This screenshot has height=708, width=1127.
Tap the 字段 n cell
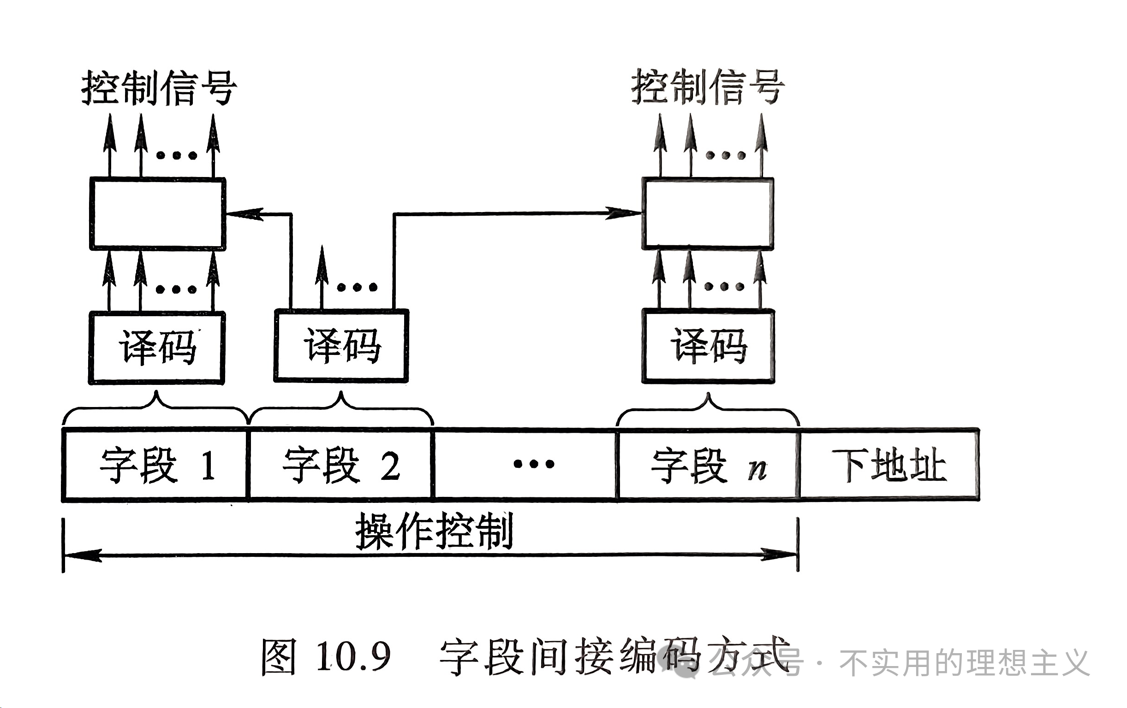click(x=708, y=465)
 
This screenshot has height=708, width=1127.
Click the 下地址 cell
click(x=889, y=465)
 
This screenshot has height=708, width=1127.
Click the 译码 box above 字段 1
click(x=157, y=348)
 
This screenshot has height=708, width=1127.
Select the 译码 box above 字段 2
click(x=341, y=346)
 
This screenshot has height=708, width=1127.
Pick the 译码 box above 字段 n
click(x=708, y=346)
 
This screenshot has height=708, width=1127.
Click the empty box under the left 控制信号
click(x=158, y=214)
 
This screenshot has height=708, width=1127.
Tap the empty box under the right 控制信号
click(x=708, y=213)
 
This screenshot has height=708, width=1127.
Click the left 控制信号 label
click(x=159, y=88)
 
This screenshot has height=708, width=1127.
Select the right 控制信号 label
click(x=708, y=87)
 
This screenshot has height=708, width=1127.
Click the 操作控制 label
click(x=434, y=531)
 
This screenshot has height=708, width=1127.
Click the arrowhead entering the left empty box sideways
click(x=244, y=214)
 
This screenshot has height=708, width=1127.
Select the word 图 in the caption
click(x=279, y=656)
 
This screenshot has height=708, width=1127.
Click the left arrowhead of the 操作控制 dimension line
click(x=82, y=555)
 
